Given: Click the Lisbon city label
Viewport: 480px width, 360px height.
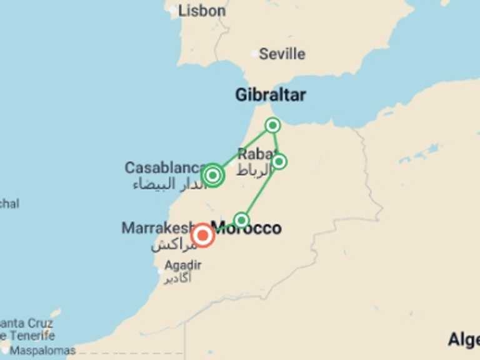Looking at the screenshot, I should [201, 11].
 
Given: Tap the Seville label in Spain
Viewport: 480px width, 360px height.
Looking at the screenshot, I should [282, 54].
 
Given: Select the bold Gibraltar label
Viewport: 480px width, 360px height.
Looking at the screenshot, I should [271, 95].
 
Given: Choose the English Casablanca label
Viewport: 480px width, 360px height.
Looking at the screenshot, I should [164, 167].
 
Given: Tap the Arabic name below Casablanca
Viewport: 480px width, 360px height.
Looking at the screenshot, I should [169, 184].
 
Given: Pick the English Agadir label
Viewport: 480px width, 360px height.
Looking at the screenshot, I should [182, 265].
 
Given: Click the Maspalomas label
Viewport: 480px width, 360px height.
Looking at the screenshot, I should [42, 351].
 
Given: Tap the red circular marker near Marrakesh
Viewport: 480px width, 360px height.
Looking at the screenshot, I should [202, 236].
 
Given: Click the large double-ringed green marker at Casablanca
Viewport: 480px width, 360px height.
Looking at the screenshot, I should [212, 175].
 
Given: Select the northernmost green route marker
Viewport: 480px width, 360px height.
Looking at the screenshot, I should [272, 125].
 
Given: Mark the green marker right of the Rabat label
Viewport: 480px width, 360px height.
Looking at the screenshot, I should [279, 161].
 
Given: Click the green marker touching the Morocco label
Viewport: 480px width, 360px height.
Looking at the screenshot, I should [241, 219].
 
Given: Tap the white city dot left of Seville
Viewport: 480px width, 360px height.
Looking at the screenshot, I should [254, 54].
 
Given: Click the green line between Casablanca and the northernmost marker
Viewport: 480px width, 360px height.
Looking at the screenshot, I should [244, 150].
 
